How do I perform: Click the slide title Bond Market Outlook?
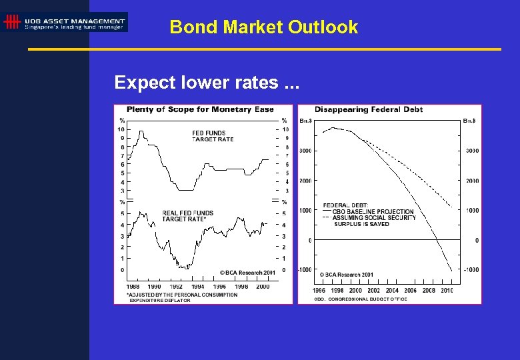pyautogui.click(x=263, y=27)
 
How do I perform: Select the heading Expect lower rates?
pyautogui.click(x=207, y=83)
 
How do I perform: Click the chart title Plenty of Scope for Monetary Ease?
pyautogui.click(x=200, y=109)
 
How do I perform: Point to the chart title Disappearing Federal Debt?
pyautogui.click(x=368, y=109)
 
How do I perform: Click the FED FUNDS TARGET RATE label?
pyautogui.click(x=213, y=136)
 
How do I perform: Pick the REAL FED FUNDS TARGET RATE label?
pyautogui.click(x=187, y=216)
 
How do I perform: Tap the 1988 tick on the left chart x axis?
pyautogui.click(x=133, y=286)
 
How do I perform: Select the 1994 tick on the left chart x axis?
pyautogui.click(x=198, y=286)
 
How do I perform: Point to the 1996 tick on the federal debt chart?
pyautogui.click(x=319, y=290)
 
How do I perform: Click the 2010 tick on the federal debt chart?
pyautogui.click(x=447, y=290)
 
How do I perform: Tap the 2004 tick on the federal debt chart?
pyautogui.click(x=392, y=290)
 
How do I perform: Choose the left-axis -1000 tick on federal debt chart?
pyautogui.click(x=305, y=269)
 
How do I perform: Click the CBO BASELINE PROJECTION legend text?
pyautogui.click(x=373, y=211)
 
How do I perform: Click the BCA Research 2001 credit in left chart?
pyautogui.click(x=247, y=273)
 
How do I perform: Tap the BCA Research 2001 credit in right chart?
pyautogui.click(x=346, y=275)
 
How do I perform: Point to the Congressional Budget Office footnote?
pyautogui.click(x=360, y=299)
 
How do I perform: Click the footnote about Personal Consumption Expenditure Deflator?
pyautogui.click(x=181, y=297)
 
